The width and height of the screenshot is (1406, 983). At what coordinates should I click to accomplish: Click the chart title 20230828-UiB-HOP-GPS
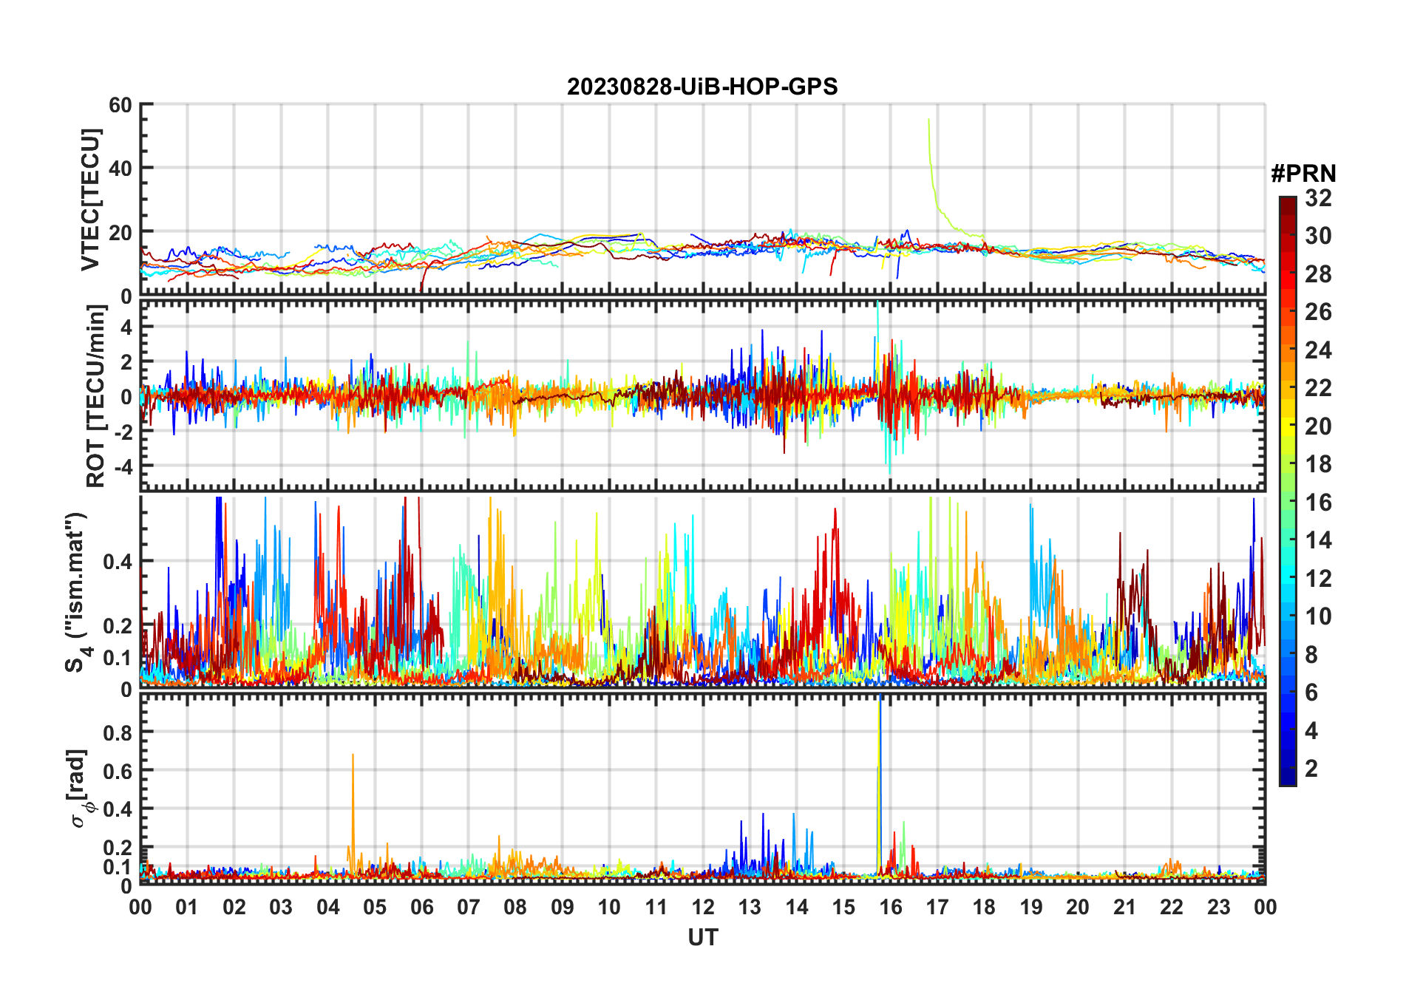[x=702, y=87]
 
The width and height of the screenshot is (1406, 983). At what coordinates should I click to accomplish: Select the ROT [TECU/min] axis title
[x=95, y=395]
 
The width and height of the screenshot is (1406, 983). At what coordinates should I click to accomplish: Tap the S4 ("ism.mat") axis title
[x=77, y=592]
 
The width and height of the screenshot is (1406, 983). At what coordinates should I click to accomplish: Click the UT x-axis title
[x=702, y=938]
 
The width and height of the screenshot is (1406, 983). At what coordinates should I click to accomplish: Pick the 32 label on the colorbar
[x=1318, y=198]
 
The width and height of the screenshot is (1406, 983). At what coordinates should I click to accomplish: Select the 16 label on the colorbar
[x=1318, y=503]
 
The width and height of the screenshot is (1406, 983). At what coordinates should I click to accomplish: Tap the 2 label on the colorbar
[x=1311, y=769]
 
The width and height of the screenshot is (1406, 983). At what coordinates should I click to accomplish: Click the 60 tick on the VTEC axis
[x=120, y=105]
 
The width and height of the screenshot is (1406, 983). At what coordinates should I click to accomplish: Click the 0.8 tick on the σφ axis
[x=117, y=732]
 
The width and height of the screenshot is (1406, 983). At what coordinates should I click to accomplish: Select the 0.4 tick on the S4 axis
[x=117, y=561]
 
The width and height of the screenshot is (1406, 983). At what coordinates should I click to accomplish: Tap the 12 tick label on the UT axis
[x=702, y=907]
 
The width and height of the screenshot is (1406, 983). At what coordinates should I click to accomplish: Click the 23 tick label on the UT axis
[x=1218, y=907]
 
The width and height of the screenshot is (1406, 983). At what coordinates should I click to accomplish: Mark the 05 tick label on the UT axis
[x=375, y=907]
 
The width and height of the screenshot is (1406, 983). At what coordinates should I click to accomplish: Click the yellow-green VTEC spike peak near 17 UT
[x=928, y=119]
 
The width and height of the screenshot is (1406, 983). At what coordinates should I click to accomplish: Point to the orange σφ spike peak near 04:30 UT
[x=353, y=755]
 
